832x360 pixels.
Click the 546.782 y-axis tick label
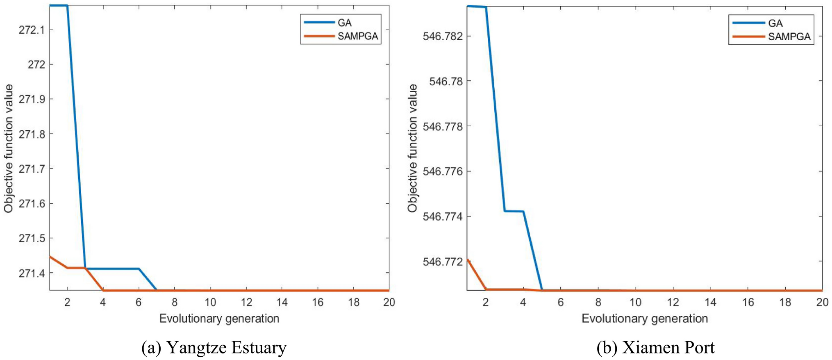[x=443, y=36]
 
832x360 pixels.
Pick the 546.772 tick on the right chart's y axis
[x=443, y=261]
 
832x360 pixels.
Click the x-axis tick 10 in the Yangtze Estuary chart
[x=210, y=302]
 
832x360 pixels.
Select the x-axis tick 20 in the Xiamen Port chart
[x=822, y=302]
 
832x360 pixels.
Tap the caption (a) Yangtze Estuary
[x=214, y=348]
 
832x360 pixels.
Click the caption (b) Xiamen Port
[x=655, y=348]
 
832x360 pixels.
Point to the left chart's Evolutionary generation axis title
[x=219, y=319]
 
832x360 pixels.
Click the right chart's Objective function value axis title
[x=412, y=148]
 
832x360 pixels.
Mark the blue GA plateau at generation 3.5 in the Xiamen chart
[x=514, y=211]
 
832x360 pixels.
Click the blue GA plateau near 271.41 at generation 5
[x=121, y=269]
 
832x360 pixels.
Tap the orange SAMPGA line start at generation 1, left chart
[x=51, y=257]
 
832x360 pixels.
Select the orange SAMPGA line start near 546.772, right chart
[x=468, y=260]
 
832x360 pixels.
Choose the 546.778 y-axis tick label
[x=443, y=126]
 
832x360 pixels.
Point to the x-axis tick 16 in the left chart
[x=318, y=302]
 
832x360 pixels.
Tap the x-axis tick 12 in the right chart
[x=673, y=302]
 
